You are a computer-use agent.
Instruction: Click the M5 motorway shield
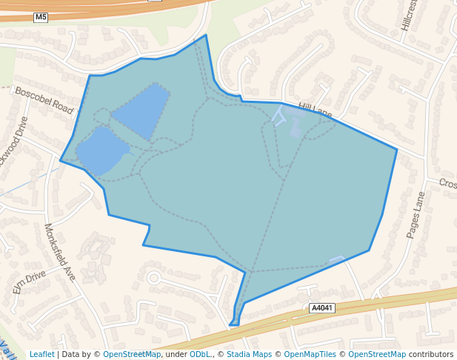tap(41, 17)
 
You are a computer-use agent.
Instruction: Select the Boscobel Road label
tap(44, 100)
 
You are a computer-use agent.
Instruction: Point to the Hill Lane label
tap(314, 111)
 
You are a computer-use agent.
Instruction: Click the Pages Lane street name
tap(413, 214)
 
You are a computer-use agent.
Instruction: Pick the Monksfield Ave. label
tap(60, 252)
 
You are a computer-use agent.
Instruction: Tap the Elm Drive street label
tap(29, 281)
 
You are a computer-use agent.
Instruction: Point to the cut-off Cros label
tap(447, 183)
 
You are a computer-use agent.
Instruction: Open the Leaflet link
tap(41, 354)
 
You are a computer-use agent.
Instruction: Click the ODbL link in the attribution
tap(200, 354)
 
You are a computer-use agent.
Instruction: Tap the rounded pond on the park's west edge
tap(100, 150)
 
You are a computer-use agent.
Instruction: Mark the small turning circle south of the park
tap(153, 279)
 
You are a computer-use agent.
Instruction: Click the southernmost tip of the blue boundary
tap(232, 324)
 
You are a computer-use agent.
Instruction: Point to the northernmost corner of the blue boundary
tap(206, 35)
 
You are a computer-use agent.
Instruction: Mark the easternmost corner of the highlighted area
tap(397, 150)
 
